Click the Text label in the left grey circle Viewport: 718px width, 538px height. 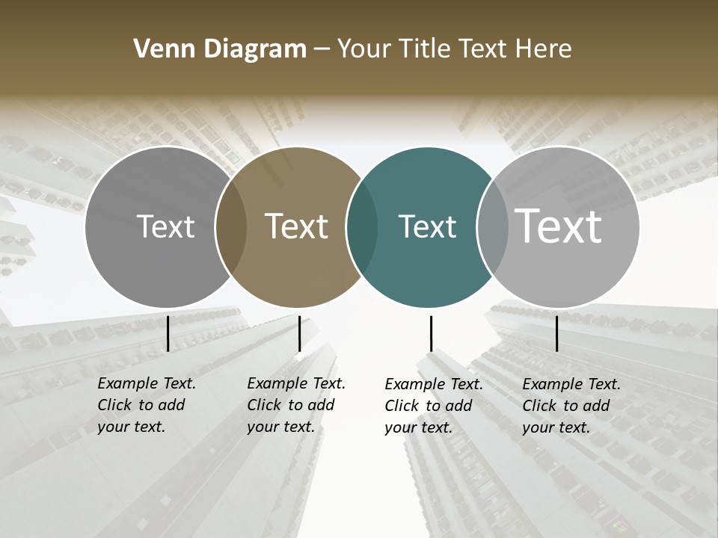coord(165,226)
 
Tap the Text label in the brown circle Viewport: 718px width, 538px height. coord(297,226)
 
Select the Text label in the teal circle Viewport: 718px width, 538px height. coord(427,226)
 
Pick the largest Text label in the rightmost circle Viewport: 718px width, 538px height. coord(559,226)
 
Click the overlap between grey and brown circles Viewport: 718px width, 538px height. coord(231,227)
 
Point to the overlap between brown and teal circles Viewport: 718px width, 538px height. coord(362,227)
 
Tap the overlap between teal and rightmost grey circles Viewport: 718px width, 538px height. coord(493,227)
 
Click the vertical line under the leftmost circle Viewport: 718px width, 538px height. coord(168,333)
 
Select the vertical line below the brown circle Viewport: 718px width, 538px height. coord(299,333)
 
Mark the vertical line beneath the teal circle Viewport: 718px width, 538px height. coord(431,333)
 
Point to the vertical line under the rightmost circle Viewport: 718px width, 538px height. coord(556,333)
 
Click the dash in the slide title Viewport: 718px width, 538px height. coord(322,49)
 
